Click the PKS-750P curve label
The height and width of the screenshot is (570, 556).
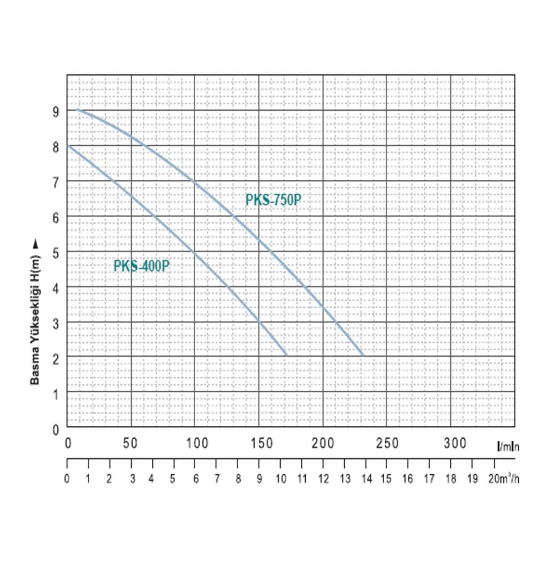click(273, 200)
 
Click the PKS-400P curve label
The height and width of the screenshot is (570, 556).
click(141, 266)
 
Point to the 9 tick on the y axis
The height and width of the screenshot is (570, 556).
click(56, 111)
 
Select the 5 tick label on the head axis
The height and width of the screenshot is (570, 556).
click(56, 252)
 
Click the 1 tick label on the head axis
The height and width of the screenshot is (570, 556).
click(56, 394)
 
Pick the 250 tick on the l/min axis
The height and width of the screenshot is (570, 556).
click(387, 443)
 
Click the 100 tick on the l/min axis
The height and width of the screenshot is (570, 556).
click(197, 443)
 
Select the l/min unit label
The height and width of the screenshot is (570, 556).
click(508, 446)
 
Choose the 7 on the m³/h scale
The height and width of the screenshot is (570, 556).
click(217, 479)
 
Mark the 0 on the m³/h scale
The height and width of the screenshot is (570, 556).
click(67, 479)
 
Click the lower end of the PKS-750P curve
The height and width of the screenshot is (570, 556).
click(363, 355)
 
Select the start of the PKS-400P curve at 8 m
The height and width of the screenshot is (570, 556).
click(68, 146)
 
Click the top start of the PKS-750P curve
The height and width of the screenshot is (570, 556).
click(77, 110)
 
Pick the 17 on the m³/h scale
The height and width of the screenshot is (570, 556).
click(430, 479)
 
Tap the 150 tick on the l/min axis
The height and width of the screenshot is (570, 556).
click(260, 443)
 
